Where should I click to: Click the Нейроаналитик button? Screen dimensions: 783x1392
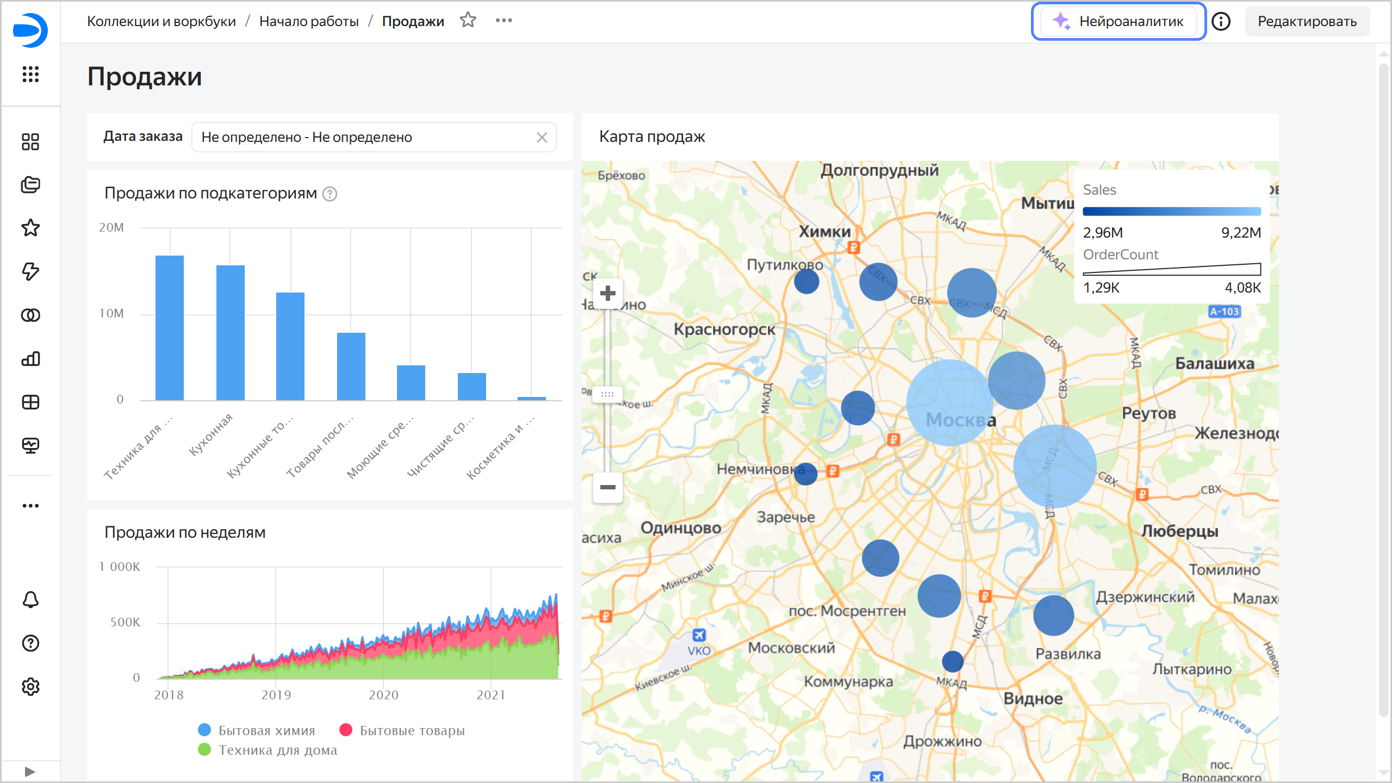[1119, 21]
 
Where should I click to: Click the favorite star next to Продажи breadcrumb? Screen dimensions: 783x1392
[468, 21]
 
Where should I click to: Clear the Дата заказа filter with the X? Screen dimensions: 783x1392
[542, 138]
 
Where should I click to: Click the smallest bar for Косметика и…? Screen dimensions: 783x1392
[531, 398]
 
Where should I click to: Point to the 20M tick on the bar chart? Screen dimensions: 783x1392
[111, 227]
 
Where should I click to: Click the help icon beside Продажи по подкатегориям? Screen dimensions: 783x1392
[330, 194]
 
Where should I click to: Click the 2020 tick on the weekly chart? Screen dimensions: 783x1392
[383, 695]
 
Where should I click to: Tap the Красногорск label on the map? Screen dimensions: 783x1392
[724, 330]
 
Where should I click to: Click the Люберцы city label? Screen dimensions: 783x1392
[1179, 531]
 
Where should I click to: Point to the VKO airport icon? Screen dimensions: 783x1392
[699, 635]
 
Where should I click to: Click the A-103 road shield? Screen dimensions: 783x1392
[1224, 312]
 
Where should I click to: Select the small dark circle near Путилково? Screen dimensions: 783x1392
[806, 282]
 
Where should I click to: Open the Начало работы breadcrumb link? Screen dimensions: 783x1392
[309, 21]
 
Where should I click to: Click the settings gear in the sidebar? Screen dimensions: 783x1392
[30, 687]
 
